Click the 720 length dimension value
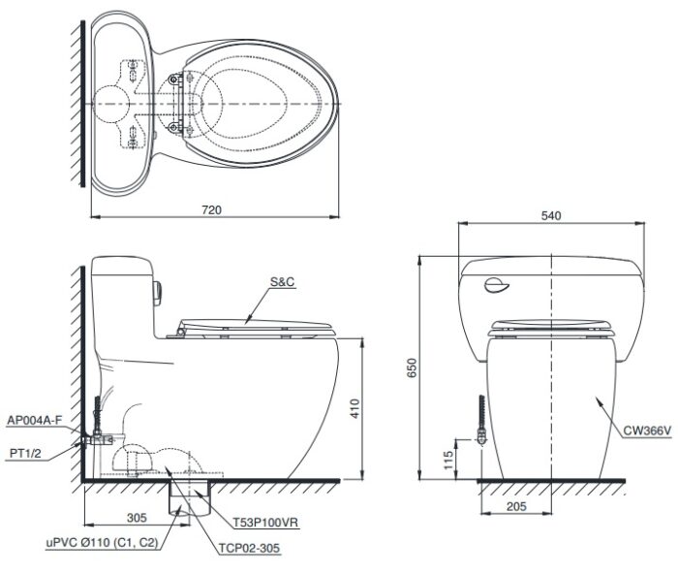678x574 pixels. click(x=211, y=210)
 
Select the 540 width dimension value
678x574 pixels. click(x=551, y=215)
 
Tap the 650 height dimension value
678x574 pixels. click(x=412, y=367)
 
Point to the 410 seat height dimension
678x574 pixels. click(x=354, y=408)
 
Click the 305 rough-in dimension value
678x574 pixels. click(x=137, y=518)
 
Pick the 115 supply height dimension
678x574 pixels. click(x=448, y=461)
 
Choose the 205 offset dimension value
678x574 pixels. click(x=516, y=506)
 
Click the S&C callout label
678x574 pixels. click(x=282, y=282)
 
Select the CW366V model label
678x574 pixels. click(x=647, y=430)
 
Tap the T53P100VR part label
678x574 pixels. click(x=266, y=523)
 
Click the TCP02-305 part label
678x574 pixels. click(x=250, y=548)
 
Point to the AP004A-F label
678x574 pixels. click(x=35, y=420)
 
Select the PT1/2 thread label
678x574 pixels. click(x=25, y=453)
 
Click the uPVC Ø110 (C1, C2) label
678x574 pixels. click(x=102, y=542)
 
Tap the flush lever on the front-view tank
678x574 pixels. click(x=496, y=285)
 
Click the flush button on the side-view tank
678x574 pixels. click(x=158, y=293)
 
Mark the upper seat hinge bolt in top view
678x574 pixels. click(x=173, y=80)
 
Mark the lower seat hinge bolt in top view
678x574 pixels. click(x=173, y=127)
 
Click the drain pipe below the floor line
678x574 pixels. click(x=190, y=498)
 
